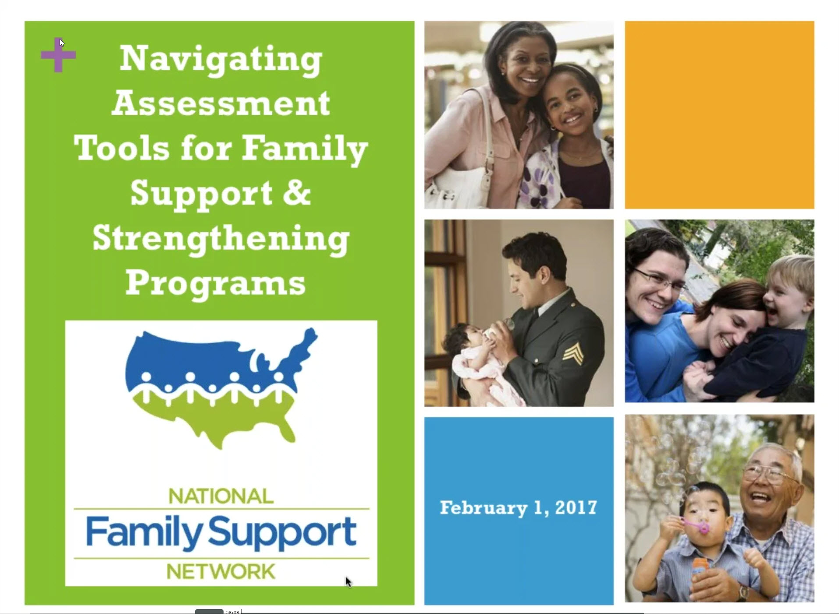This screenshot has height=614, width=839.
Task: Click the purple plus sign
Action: (x=58, y=55)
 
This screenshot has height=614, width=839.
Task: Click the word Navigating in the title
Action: (x=221, y=60)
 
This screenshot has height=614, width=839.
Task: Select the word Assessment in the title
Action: (x=221, y=103)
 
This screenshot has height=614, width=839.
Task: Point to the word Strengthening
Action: (x=221, y=239)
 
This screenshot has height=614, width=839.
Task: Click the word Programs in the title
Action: (x=215, y=284)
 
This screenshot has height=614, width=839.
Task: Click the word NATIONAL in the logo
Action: (x=221, y=496)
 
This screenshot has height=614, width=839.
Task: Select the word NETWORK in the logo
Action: (x=221, y=571)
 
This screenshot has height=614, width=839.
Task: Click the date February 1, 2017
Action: (x=518, y=508)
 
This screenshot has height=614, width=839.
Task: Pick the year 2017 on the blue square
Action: (x=576, y=508)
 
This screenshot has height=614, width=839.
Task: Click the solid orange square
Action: (x=719, y=115)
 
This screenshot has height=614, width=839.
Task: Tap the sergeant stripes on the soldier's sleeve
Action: (x=573, y=353)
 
